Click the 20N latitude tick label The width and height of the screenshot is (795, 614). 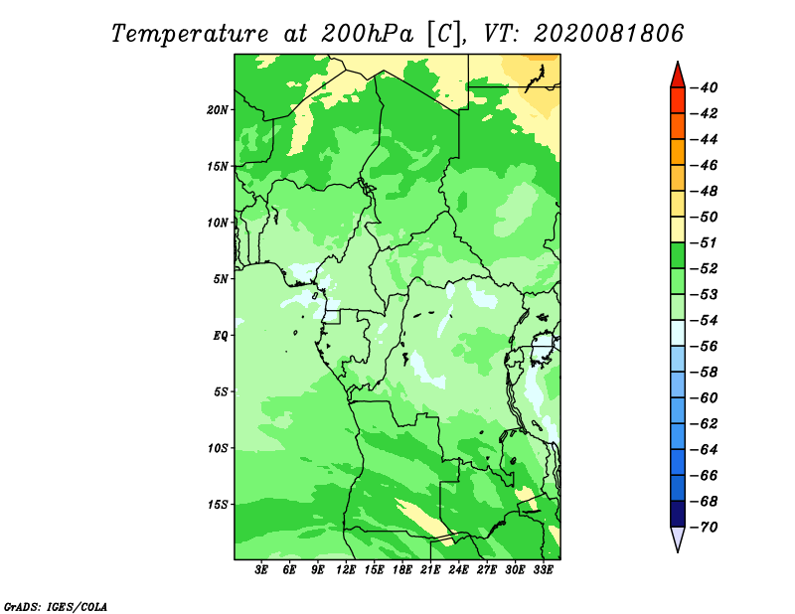[x=218, y=110]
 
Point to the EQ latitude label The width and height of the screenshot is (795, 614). [x=220, y=336]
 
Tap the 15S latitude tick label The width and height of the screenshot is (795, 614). [x=218, y=505]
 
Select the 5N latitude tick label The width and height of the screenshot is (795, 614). [x=221, y=279]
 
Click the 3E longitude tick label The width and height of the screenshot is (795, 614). [x=261, y=570]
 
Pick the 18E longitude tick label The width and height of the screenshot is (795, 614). [x=402, y=570]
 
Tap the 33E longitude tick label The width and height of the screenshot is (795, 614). [x=543, y=570]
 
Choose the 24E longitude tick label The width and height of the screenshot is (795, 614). [x=458, y=570]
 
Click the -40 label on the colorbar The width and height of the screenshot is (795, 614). [x=705, y=87]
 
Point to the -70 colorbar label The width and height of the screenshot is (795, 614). [x=705, y=528]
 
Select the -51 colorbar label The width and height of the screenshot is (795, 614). [x=705, y=242]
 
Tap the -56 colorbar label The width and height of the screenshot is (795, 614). [x=705, y=347]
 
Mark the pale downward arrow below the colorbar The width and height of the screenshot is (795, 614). [x=678, y=537]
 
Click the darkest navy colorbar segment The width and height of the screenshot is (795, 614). [x=678, y=514]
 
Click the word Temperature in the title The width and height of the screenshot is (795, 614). [x=190, y=34]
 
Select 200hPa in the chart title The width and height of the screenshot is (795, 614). [x=367, y=34]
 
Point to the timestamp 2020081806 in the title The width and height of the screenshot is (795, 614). [x=608, y=34]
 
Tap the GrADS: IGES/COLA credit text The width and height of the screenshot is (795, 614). [x=56, y=607]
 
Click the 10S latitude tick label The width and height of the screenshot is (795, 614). [x=218, y=448]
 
